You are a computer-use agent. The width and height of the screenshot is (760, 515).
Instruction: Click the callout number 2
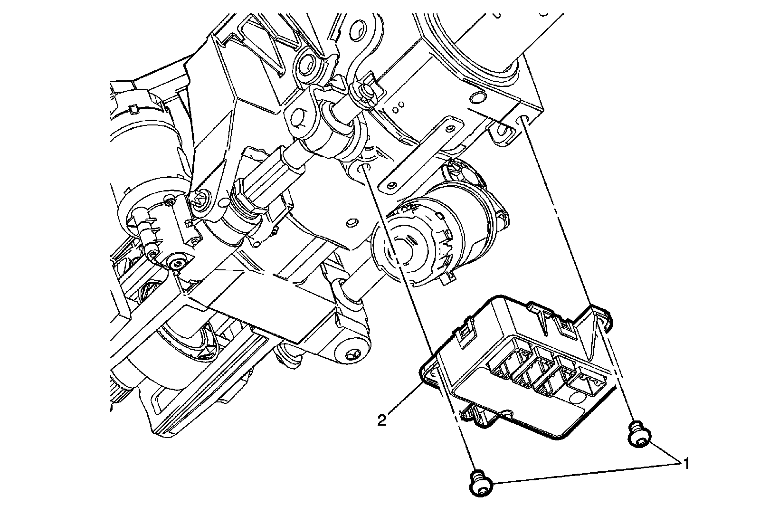[381, 420]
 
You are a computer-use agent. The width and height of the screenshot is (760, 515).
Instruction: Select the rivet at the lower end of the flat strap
[390, 184]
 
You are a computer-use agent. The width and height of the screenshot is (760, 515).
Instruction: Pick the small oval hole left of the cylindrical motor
[351, 222]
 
